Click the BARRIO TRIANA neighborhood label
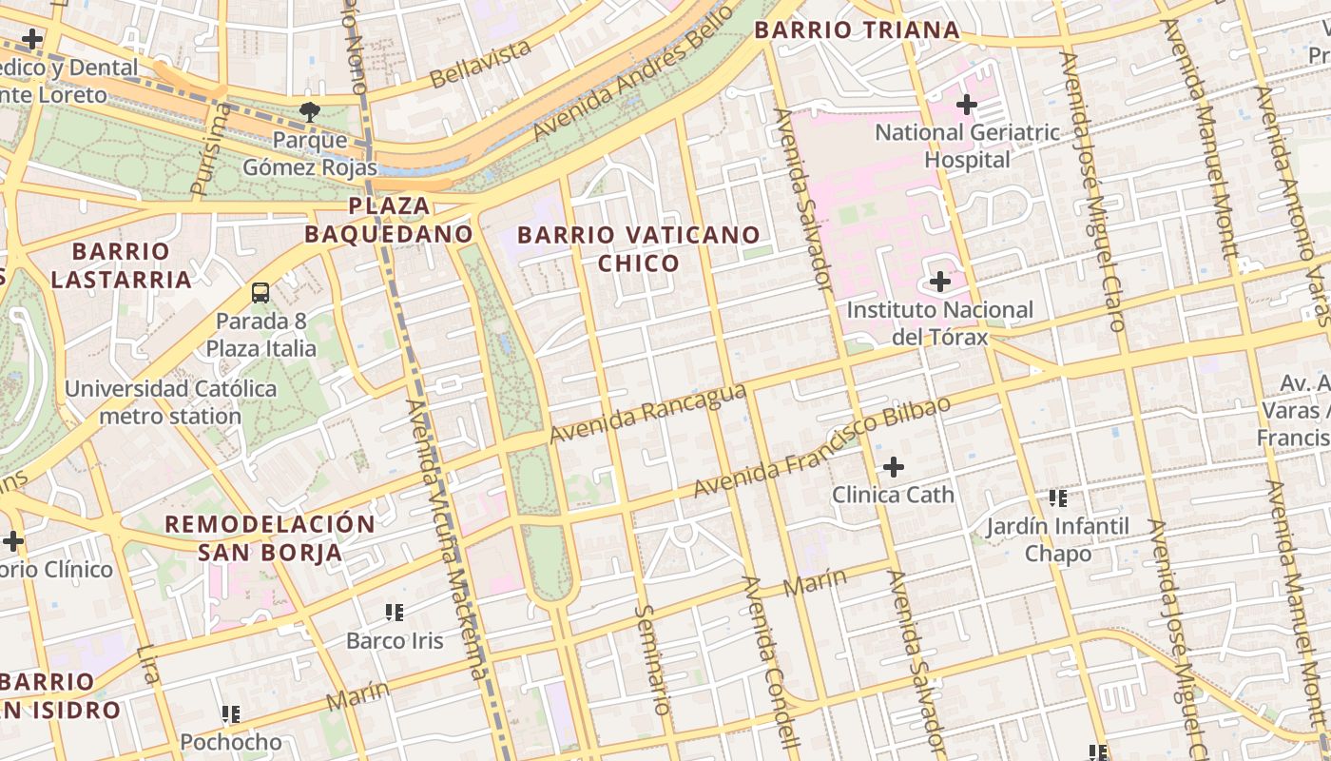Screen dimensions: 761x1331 tap(857, 30)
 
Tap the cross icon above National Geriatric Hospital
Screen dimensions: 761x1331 tap(967, 105)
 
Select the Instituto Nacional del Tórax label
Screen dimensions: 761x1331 tap(939, 323)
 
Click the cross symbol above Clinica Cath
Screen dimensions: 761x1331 tap(893, 467)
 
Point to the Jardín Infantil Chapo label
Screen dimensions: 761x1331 tap(1057, 539)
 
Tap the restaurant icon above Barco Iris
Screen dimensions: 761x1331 tap(395, 612)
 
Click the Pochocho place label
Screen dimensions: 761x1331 tap(231, 741)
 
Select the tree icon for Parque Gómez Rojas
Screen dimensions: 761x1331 tap(309, 112)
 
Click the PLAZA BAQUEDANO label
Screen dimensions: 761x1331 tap(389, 220)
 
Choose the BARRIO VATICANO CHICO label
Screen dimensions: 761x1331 tap(639, 248)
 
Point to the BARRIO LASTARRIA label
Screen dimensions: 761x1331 tap(122, 265)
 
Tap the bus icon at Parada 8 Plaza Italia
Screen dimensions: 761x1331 tap(260, 293)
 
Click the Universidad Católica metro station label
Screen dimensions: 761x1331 tap(171, 402)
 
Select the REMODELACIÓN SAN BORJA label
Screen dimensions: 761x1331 tap(270, 538)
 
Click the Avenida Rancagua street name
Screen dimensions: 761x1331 tap(647, 413)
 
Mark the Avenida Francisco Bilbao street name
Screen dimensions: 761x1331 tap(821, 448)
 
